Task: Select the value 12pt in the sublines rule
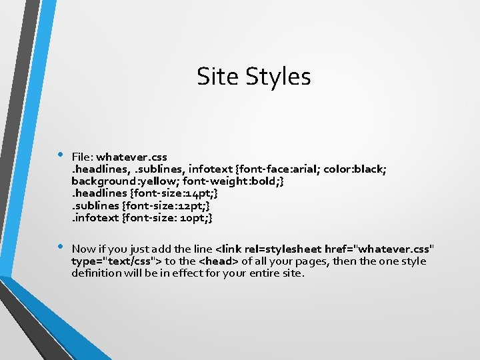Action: coord(189,205)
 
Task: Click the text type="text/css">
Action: coord(117,261)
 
